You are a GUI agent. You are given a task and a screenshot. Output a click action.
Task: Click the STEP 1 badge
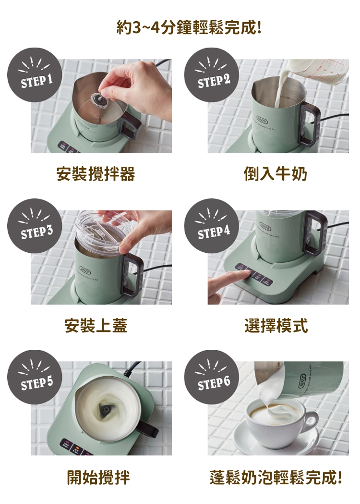pyautogui.click(x=35, y=75)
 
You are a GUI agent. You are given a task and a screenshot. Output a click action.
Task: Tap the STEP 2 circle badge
pyautogui.click(x=212, y=75)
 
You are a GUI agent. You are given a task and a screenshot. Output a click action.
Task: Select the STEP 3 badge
pyautogui.click(x=35, y=226)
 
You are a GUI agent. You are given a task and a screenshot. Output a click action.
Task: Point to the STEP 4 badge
pyautogui.click(x=212, y=226)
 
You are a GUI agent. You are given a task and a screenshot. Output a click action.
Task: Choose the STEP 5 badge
pyautogui.click(x=35, y=377)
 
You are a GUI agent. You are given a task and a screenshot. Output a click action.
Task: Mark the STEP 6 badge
pyautogui.click(x=212, y=377)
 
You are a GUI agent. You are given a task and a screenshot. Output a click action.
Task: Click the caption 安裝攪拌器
pyautogui.click(x=96, y=174)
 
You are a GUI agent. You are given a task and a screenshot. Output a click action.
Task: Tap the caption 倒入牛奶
pyautogui.click(x=276, y=174)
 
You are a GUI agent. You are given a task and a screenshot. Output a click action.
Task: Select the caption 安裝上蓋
pyautogui.click(x=96, y=325)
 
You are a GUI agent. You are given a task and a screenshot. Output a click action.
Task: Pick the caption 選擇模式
pyautogui.click(x=276, y=325)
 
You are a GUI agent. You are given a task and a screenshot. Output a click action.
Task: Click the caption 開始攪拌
pyautogui.click(x=98, y=477)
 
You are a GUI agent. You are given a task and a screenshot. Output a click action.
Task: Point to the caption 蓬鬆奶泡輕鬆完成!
pyautogui.click(x=276, y=477)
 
